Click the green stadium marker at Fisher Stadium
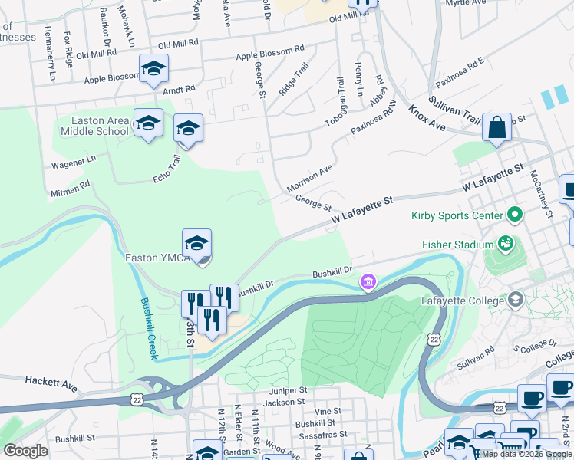tap(505, 245)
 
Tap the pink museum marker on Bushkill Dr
tap(369, 283)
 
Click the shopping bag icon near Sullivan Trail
tap(496, 127)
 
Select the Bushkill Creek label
tap(148, 329)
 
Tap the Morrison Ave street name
tap(310, 177)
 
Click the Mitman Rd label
tap(71, 188)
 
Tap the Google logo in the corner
tap(26, 451)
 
